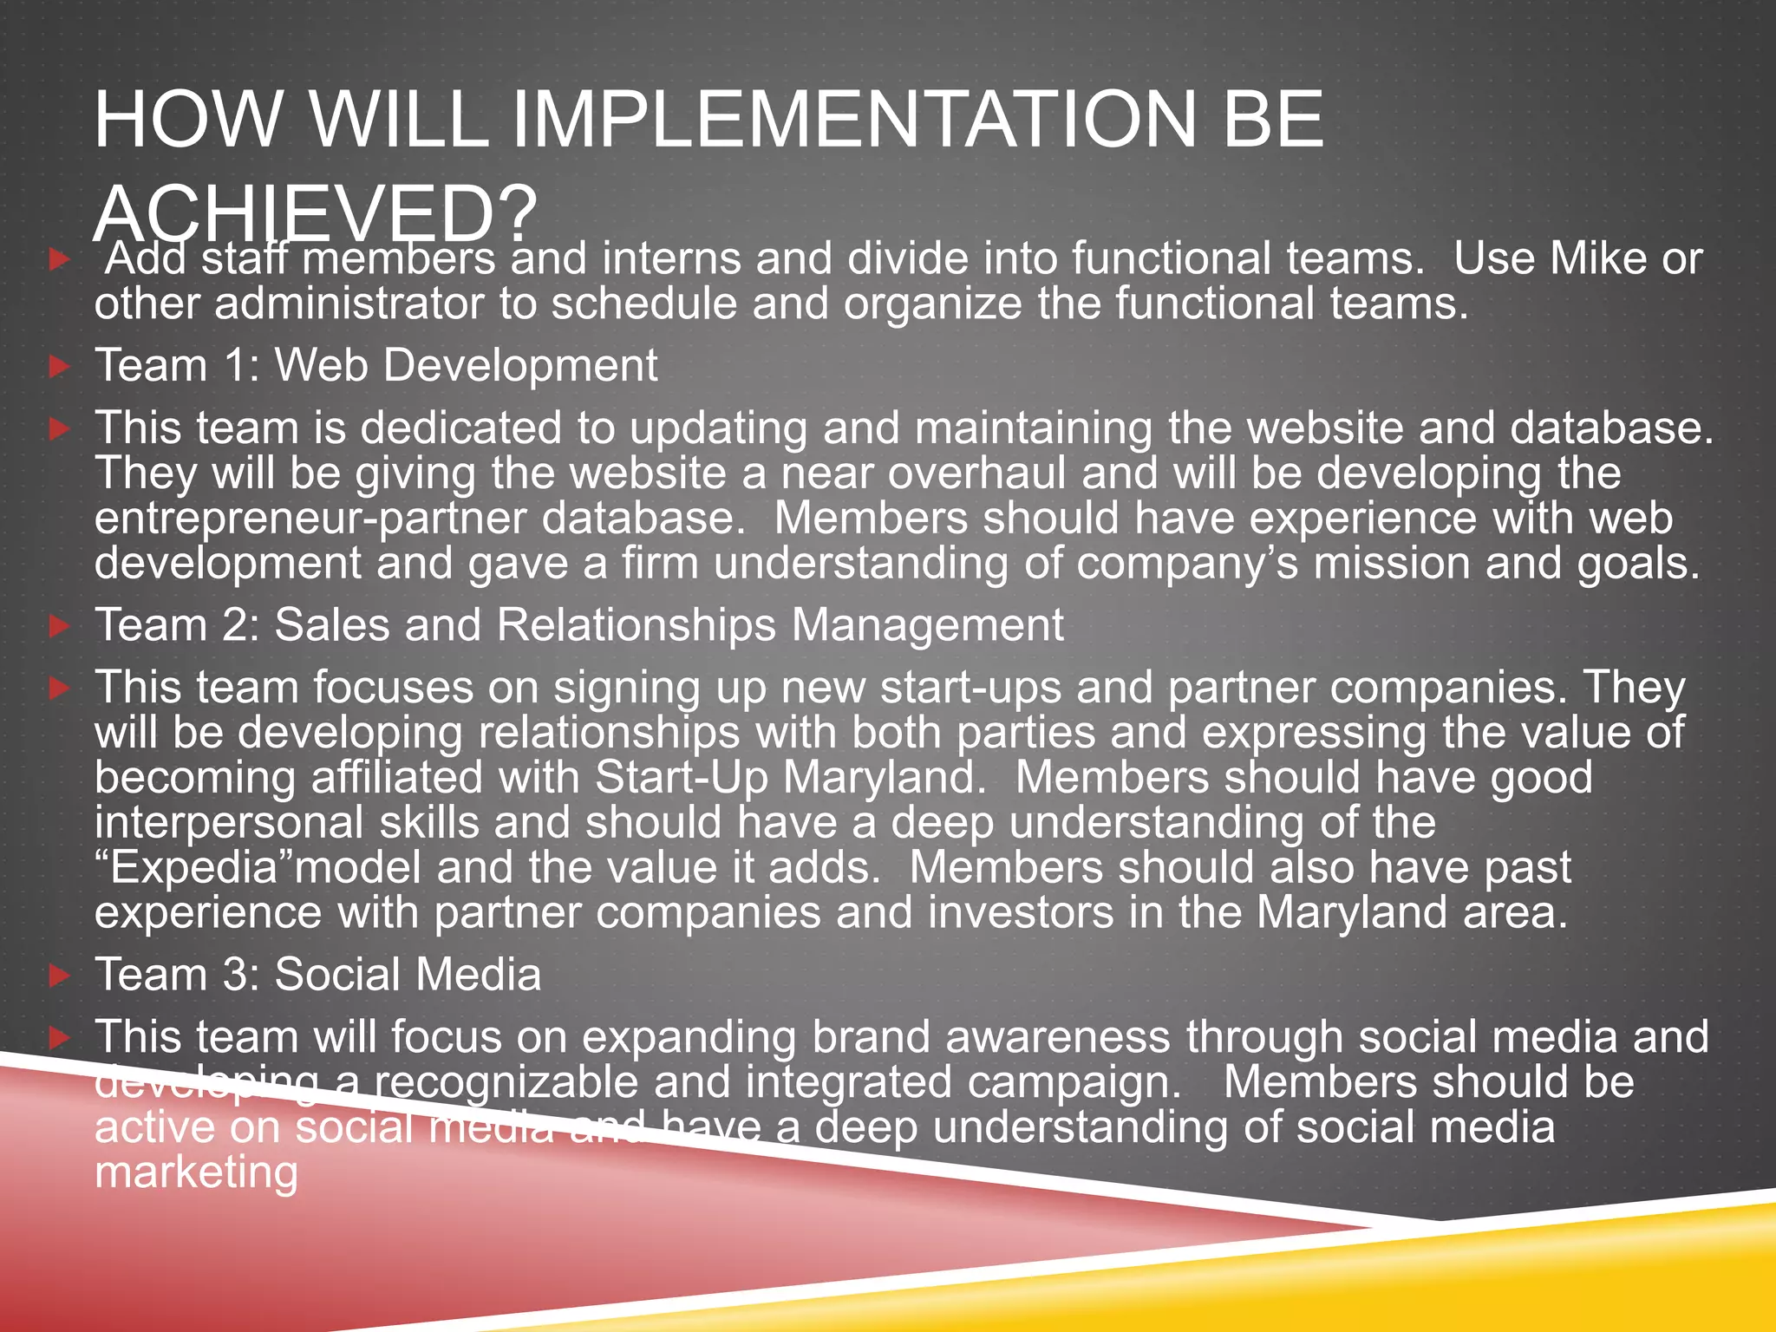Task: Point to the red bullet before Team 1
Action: (x=59, y=367)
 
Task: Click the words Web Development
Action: (x=466, y=365)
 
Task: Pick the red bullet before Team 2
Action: (x=59, y=626)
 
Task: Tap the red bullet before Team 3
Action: (x=59, y=976)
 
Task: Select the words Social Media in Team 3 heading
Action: (x=408, y=975)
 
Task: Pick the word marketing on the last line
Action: (x=196, y=1172)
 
